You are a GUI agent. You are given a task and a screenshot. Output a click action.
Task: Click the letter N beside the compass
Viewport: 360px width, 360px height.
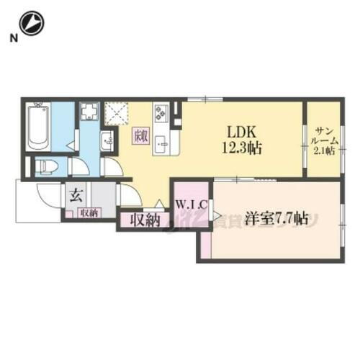13,38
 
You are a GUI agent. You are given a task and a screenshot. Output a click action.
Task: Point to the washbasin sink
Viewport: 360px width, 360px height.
105,140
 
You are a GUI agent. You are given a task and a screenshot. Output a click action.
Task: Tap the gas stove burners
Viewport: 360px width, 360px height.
160,114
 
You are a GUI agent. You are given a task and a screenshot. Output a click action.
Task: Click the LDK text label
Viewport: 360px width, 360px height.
239,133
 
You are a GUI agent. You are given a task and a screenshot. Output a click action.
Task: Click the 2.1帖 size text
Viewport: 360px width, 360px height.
322,152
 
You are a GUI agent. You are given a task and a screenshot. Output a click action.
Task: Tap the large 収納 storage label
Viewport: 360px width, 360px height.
143,220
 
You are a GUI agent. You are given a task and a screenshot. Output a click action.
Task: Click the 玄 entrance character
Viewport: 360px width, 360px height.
75,194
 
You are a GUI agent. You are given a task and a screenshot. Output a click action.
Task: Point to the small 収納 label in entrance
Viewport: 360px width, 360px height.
89,212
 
